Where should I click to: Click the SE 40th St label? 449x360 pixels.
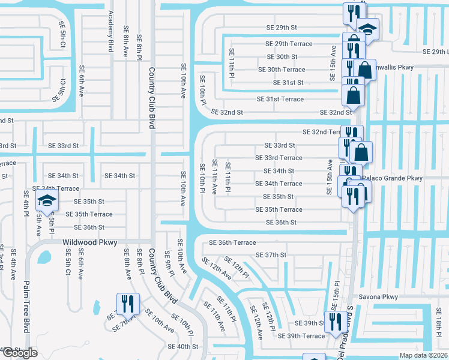point(183,347)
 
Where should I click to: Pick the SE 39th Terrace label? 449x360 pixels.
point(305,336)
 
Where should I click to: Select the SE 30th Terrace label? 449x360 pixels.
point(282,70)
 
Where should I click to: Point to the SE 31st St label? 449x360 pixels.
point(288,83)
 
